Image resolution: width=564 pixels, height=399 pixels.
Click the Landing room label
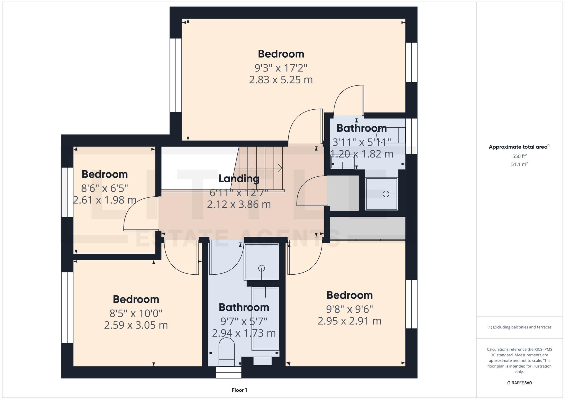point(239,178)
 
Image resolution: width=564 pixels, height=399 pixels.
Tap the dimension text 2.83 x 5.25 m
point(281,80)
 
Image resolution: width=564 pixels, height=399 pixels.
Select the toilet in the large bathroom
point(227,351)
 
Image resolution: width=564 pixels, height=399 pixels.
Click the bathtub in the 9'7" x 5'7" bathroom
point(265,318)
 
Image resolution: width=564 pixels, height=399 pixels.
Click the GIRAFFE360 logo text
point(519,383)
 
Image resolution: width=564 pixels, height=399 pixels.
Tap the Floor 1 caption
point(239,390)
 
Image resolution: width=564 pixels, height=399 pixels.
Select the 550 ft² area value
point(519,156)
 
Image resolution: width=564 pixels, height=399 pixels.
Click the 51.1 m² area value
point(519,164)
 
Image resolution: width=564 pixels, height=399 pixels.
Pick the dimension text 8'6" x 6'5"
point(104,188)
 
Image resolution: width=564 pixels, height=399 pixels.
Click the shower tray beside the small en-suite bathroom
point(381,194)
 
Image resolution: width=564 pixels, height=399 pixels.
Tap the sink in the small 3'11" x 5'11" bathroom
point(342,162)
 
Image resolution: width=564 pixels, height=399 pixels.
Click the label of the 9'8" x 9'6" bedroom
point(349,295)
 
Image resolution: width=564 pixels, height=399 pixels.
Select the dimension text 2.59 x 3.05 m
point(136,325)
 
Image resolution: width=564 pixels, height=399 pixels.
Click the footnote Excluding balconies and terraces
point(519,327)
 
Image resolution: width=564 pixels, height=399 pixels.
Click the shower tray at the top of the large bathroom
point(261,262)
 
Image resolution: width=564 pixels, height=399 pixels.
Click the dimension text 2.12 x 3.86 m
point(239,204)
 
